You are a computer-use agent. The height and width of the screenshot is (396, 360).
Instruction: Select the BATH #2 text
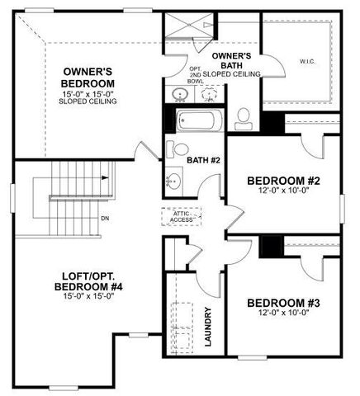(x=203, y=160)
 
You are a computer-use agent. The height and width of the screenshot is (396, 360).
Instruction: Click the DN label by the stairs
(x=105, y=219)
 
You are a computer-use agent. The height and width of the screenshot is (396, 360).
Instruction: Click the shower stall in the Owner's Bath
(x=187, y=31)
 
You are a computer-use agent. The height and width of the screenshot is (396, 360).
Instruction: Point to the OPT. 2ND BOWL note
(x=195, y=75)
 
